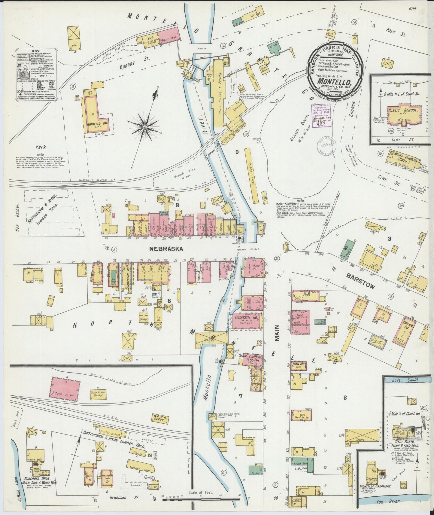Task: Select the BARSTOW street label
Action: pyautogui.click(x=360, y=281)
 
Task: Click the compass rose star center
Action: pyautogui.click(x=144, y=128)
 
